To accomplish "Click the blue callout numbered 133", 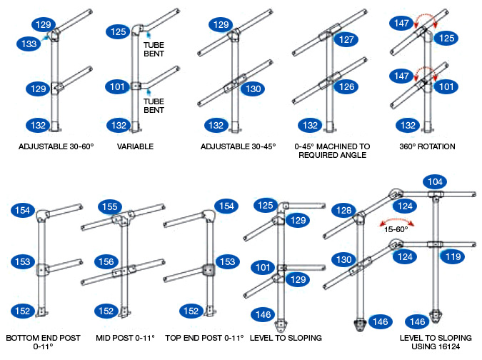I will coord(29,44).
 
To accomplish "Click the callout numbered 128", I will coord(344,211).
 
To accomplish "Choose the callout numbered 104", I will coord(436,182).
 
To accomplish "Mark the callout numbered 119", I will coord(451,254).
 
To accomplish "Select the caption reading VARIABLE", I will coord(136,147).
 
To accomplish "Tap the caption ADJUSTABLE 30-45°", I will coord(239,147).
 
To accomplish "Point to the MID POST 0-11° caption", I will coord(125,337).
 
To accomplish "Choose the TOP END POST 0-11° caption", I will coord(204,337).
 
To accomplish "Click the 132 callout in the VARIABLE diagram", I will coord(119,125).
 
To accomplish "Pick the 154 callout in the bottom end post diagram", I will coord(22,210).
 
